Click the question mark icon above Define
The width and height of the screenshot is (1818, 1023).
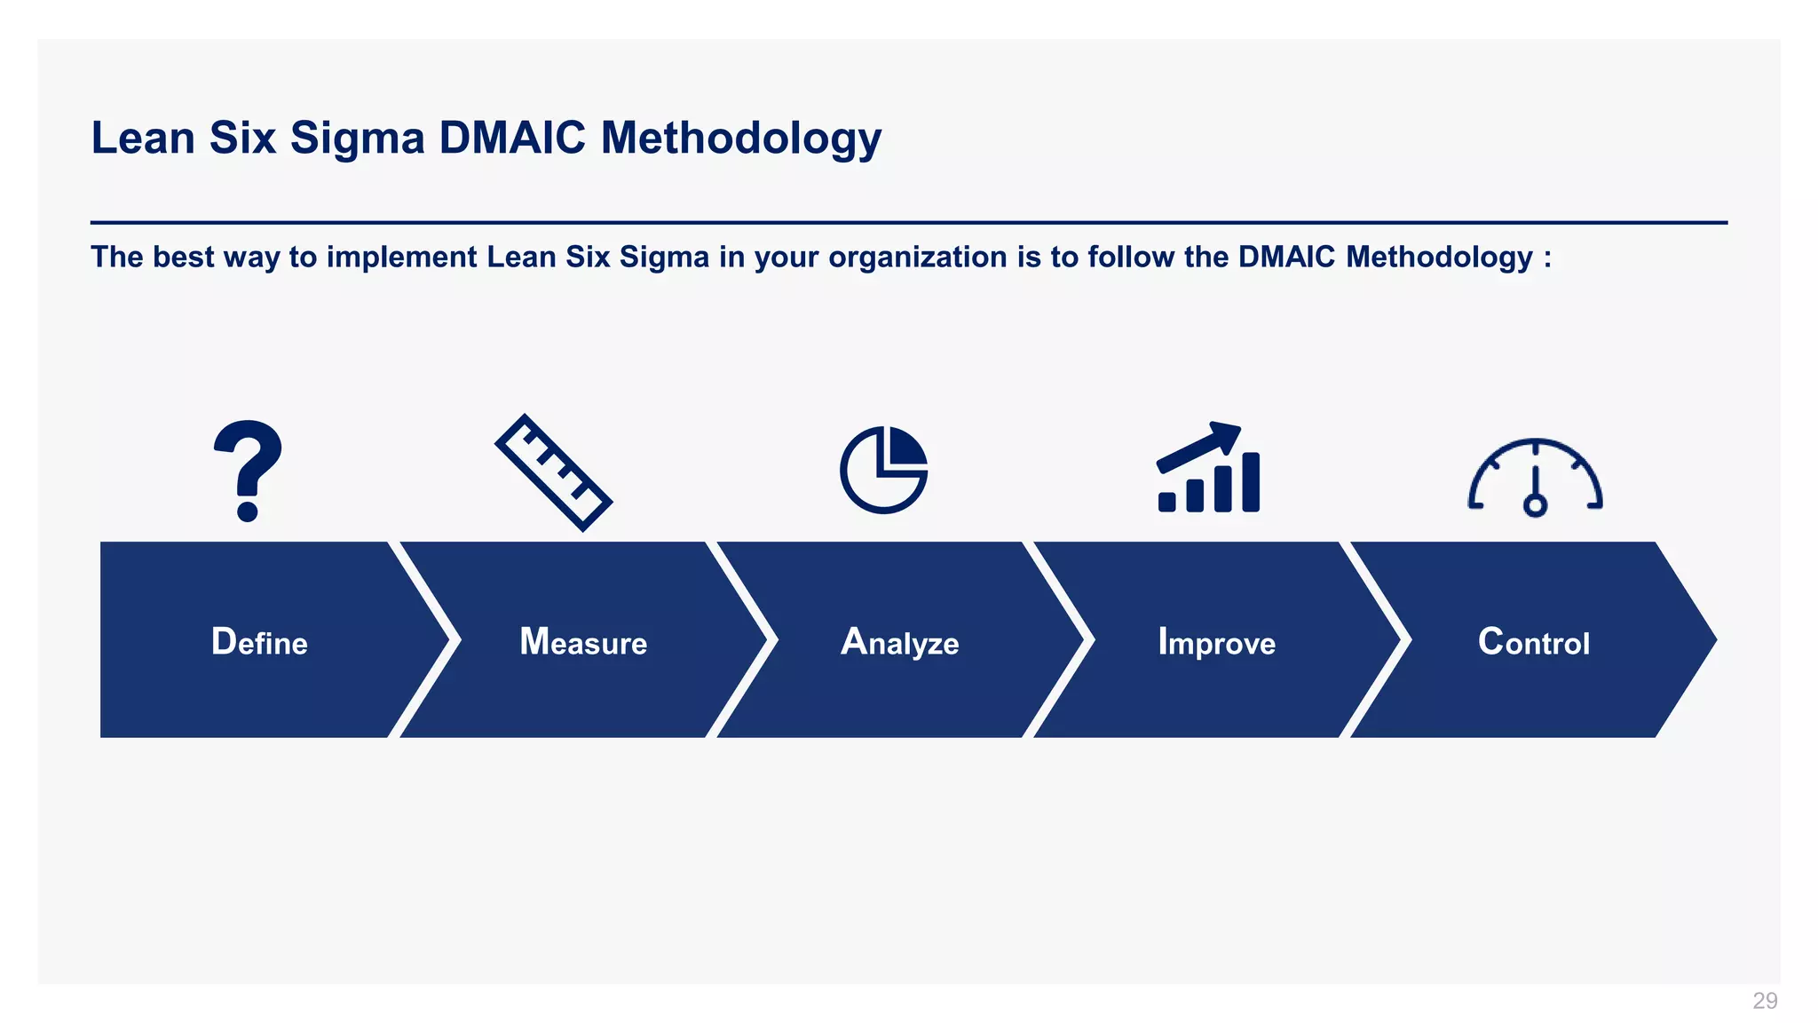(x=248, y=470)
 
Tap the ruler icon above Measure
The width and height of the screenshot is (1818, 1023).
(x=553, y=472)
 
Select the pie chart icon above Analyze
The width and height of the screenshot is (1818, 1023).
(x=883, y=470)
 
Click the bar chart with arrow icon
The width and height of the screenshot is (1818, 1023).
(x=1208, y=470)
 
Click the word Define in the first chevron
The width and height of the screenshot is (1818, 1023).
(x=259, y=642)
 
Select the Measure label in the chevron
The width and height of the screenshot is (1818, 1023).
(x=583, y=642)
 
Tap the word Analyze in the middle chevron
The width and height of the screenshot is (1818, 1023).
(x=899, y=642)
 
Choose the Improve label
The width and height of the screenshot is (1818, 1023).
(x=1216, y=642)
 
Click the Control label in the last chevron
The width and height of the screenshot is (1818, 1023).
(x=1533, y=642)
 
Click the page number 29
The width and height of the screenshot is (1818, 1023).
(x=1765, y=1001)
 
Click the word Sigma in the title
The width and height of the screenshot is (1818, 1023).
(x=357, y=139)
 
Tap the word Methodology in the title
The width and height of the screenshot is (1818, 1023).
(x=740, y=139)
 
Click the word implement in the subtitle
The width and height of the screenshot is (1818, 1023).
(x=401, y=258)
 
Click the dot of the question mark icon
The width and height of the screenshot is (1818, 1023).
(x=248, y=511)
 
